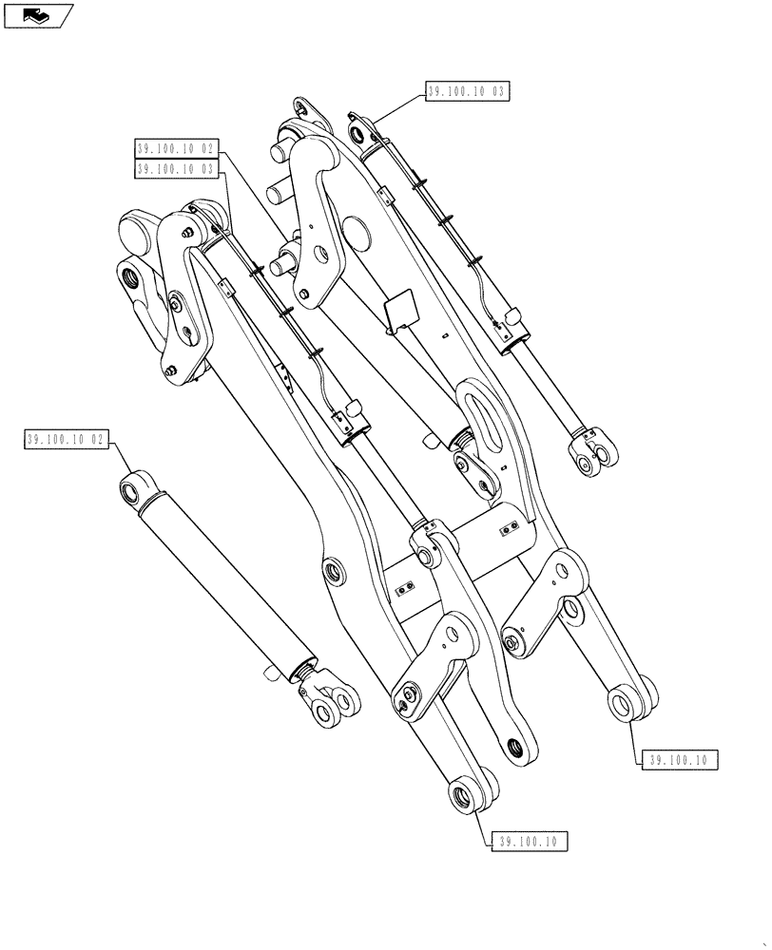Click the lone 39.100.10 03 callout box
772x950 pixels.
465,92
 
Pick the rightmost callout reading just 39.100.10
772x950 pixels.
679,759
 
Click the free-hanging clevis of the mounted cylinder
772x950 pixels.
590,453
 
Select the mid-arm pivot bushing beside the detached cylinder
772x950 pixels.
333,573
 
